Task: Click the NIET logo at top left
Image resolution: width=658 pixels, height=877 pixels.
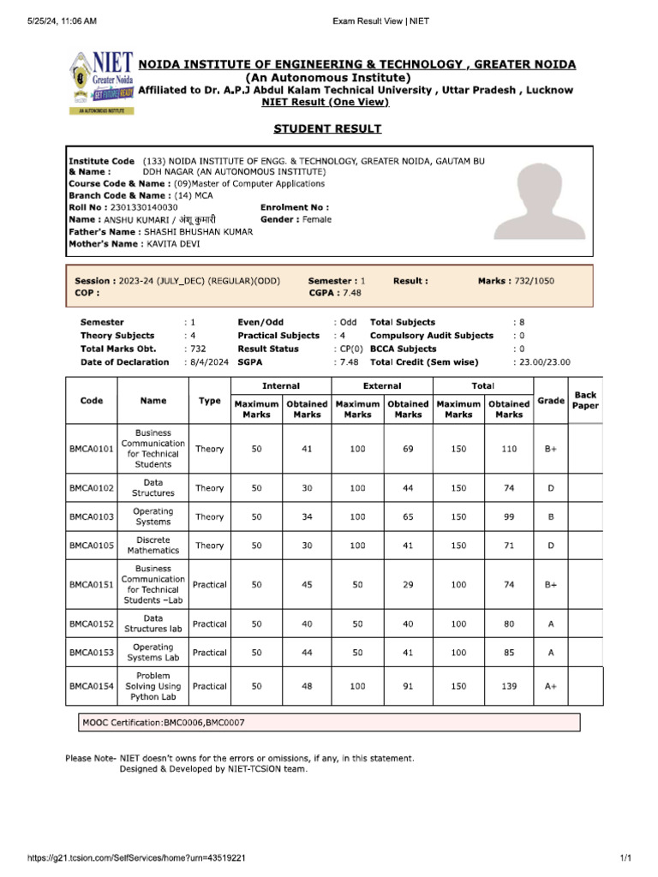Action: tap(100, 82)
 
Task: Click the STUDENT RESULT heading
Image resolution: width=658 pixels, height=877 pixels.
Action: tap(327, 128)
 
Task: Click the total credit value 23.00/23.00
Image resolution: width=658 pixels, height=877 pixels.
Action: tap(541, 362)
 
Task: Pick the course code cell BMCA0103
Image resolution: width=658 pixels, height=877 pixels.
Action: tap(92, 516)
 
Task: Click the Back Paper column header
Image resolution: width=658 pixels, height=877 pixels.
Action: tap(585, 401)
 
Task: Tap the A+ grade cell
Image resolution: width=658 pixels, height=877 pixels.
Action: tap(551, 686)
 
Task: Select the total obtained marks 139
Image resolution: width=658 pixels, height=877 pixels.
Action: tap(509, 686)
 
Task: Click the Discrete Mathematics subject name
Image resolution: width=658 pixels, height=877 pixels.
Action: tap(153, 546)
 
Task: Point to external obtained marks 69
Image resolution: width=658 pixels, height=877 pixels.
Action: tap(408, 449)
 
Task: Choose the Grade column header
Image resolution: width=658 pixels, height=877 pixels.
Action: tap(551, 401)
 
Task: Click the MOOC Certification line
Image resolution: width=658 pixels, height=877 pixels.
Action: tap(164, 723)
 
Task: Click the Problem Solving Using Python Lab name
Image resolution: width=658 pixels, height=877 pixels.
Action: tap(153, 686)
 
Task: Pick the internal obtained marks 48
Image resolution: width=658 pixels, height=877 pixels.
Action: tap(307, 686)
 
